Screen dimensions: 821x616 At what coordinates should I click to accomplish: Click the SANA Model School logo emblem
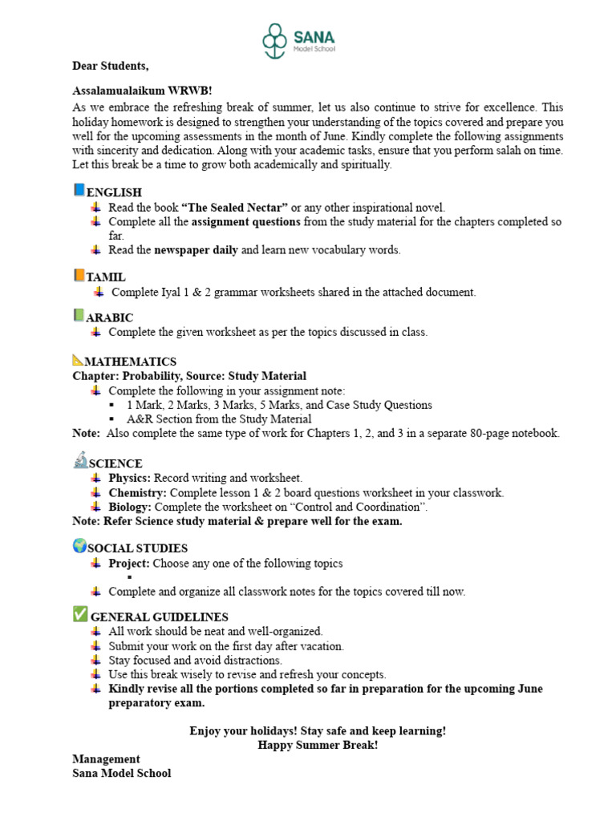275,39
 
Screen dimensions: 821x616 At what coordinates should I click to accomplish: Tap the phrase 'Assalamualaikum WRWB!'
137,90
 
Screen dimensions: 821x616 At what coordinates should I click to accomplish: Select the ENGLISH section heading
114,192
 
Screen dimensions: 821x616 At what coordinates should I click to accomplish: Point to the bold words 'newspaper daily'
196,250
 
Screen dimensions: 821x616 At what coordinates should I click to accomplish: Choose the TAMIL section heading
106,277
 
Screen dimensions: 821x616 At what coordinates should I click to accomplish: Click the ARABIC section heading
110,317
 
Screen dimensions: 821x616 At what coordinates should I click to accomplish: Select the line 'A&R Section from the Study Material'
219,419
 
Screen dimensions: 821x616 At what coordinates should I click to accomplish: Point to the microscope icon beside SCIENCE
79,460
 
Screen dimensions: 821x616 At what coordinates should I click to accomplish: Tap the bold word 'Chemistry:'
137,492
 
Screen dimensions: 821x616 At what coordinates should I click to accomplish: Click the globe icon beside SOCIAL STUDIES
79,546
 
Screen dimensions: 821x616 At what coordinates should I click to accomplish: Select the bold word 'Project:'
129,563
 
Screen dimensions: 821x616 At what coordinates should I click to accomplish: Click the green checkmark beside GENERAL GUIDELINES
79,614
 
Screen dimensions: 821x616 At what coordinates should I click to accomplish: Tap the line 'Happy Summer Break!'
318,745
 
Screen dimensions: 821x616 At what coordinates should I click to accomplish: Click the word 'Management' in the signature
106,758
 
